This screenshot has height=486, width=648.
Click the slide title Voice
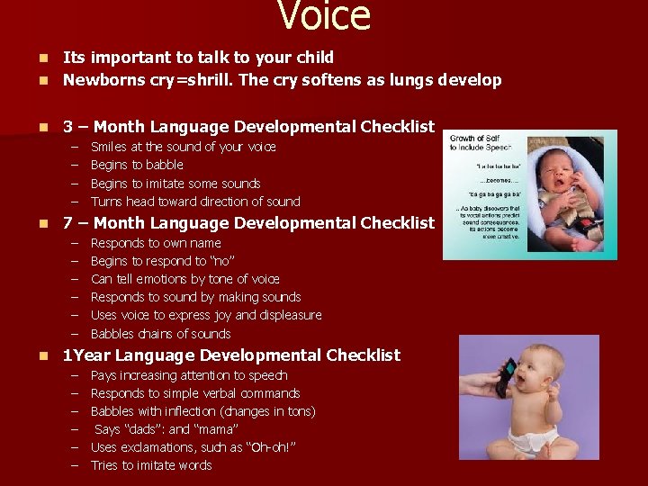[324, 16]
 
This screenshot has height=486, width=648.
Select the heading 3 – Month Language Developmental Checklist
[247, 127]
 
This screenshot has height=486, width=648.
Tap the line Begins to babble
[137, 165]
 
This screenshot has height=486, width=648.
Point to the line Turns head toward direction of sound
[195, 202]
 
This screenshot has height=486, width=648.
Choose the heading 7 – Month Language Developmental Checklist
[247, 223]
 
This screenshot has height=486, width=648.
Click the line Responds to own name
[156, 243]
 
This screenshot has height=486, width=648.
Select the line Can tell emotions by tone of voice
[185, 279]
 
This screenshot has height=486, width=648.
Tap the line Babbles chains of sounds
[161, 334]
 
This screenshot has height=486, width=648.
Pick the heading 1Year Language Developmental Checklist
[231, 355]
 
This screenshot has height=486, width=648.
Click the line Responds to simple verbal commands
[195, 393]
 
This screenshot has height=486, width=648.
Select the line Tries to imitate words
[151, 465]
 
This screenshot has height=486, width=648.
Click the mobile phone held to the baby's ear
[507, 377]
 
